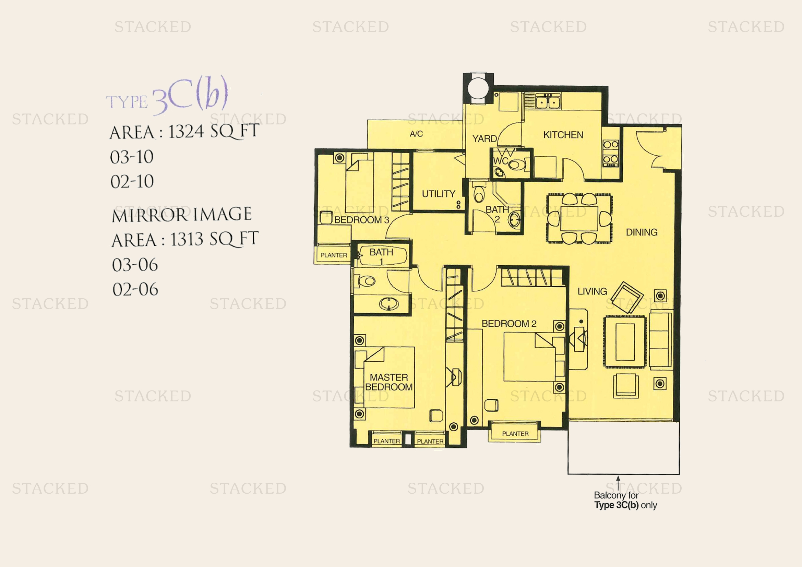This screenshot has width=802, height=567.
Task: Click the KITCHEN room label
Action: [x=563, y=135]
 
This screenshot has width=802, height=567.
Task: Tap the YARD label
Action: [x=484, y=138]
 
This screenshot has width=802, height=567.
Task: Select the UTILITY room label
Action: [x=439, y=194]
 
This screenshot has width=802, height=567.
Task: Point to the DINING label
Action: [x=642, y=232]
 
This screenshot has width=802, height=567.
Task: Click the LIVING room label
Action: [x=592, y=291]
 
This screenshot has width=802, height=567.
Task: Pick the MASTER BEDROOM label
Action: [x=389, y=382]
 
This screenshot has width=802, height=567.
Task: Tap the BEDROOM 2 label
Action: [x=509, y=324]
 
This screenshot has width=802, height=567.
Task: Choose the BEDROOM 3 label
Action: [x=361, y=220]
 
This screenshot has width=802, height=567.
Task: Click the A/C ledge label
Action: [x=416, y=134]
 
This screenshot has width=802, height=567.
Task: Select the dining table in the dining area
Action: [x=579, y=219]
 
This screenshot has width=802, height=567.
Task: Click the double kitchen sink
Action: [x=548, y=102]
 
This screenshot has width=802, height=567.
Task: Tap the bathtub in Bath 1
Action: [x=383, y=256]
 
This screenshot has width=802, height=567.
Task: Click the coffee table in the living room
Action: [x=625, y=342]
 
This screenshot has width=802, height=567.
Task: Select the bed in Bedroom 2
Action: [x=529, y=357]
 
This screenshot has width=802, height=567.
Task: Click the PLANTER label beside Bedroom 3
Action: [x=334, y=255]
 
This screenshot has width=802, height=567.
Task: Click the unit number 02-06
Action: [x=135, y=289]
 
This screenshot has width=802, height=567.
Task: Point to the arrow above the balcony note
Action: [x=618, y=483]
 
